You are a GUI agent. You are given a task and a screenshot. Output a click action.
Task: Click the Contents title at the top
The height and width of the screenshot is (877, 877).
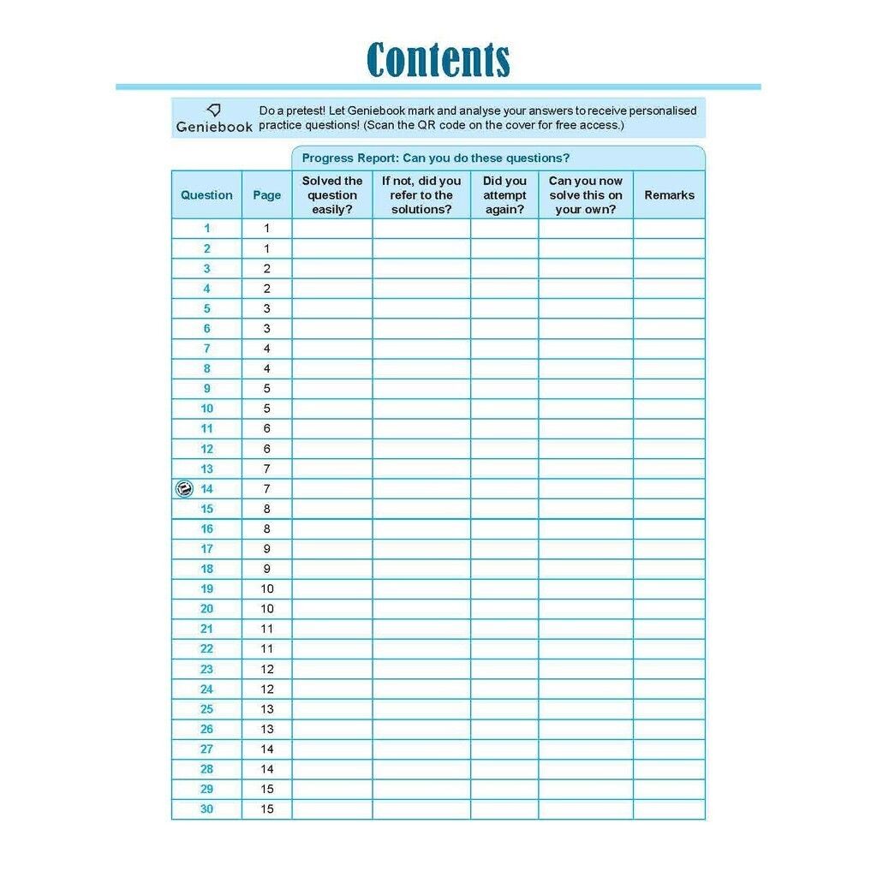(438, 60)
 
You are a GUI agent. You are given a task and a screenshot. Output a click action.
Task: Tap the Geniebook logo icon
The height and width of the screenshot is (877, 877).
(214, 110)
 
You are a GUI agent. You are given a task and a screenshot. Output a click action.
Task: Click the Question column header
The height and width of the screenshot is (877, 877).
(206, 195)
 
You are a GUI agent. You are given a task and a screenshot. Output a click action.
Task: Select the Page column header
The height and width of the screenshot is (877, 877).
(266, 195)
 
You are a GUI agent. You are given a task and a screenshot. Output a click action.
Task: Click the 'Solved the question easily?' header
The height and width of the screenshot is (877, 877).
(332, 195)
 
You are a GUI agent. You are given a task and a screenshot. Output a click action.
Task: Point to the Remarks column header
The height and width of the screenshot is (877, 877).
(669, 195)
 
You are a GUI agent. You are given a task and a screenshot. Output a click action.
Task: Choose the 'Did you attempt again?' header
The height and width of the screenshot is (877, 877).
(504, 195)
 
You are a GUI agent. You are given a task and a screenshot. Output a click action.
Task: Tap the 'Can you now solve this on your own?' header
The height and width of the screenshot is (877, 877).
(586, 195)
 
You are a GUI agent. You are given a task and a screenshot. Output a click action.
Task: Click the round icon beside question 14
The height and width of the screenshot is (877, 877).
(182, 489)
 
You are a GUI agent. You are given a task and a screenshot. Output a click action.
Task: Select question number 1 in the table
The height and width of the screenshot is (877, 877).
(206, 229)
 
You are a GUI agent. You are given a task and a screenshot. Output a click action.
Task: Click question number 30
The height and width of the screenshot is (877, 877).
(206, 809)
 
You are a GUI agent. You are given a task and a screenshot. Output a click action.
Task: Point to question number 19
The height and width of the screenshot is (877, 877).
(206, 589)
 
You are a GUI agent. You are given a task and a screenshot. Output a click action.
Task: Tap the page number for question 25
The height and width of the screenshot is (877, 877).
(266, 709)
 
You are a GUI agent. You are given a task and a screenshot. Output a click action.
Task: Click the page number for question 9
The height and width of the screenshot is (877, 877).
(266, 389)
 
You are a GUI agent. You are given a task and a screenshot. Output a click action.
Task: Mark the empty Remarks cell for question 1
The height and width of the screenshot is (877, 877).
(669, 229)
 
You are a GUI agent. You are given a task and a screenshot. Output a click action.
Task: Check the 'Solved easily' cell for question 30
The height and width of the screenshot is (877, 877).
(332, 809)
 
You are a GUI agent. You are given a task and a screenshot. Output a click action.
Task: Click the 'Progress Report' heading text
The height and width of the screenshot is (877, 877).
(435, 158)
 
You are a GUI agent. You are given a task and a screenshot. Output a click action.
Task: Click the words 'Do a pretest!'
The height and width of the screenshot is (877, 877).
(291, 110)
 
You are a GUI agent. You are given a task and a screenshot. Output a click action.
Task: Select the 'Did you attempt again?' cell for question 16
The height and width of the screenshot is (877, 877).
(504, 529)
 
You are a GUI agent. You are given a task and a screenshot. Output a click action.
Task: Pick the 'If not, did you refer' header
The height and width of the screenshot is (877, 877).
(421, 195)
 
